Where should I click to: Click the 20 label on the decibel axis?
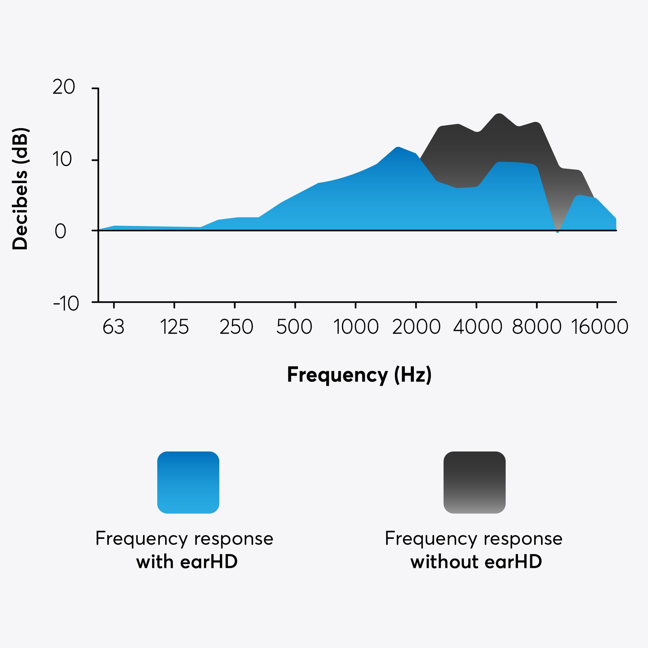click(x=64, y=88)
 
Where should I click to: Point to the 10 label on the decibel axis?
click(x=62, y=159)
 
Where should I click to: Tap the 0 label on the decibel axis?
click(x=60, y=231)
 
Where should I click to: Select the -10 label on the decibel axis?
click(x=66, y=304)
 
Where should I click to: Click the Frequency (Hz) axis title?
click(x=359, y=375)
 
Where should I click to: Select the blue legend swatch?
click(x=188, y=482)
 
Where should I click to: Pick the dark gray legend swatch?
click(x=474, y=482)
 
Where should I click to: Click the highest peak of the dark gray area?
click(x=499, y=115)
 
